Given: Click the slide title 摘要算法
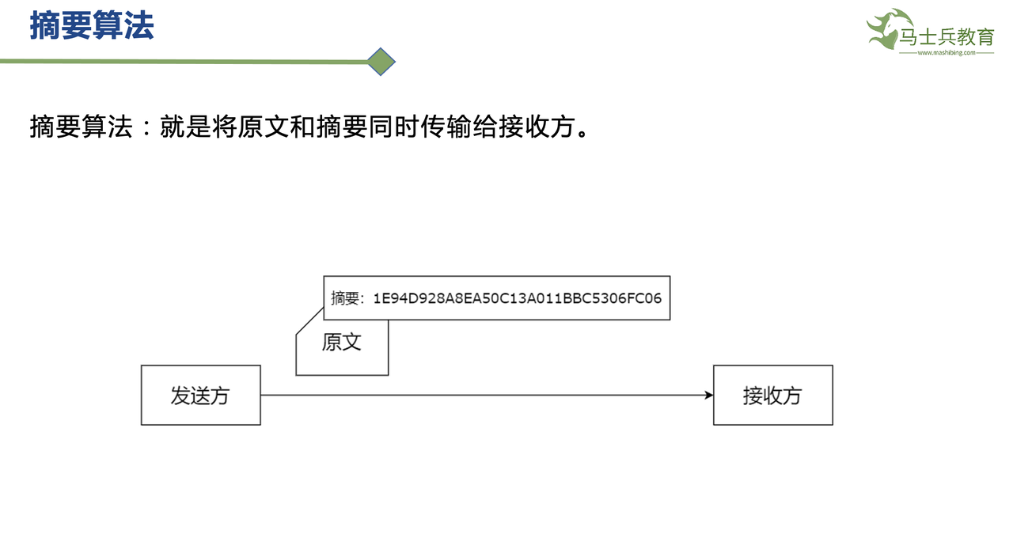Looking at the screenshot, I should [x=92, y=25].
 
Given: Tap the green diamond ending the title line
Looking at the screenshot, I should [x=381, y=62].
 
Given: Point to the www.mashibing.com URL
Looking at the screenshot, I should [x=946, y=53].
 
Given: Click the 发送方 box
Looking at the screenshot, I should [x=201, y=395].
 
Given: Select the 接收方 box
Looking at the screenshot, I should [x=772, y=395].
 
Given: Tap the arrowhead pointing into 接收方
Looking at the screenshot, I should [x=708, y=395].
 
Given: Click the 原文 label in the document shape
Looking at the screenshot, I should [x=342, y=342].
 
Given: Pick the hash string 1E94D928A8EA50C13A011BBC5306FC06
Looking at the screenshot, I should [x=518, y=298].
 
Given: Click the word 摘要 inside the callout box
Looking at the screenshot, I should [x=345, y=298].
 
